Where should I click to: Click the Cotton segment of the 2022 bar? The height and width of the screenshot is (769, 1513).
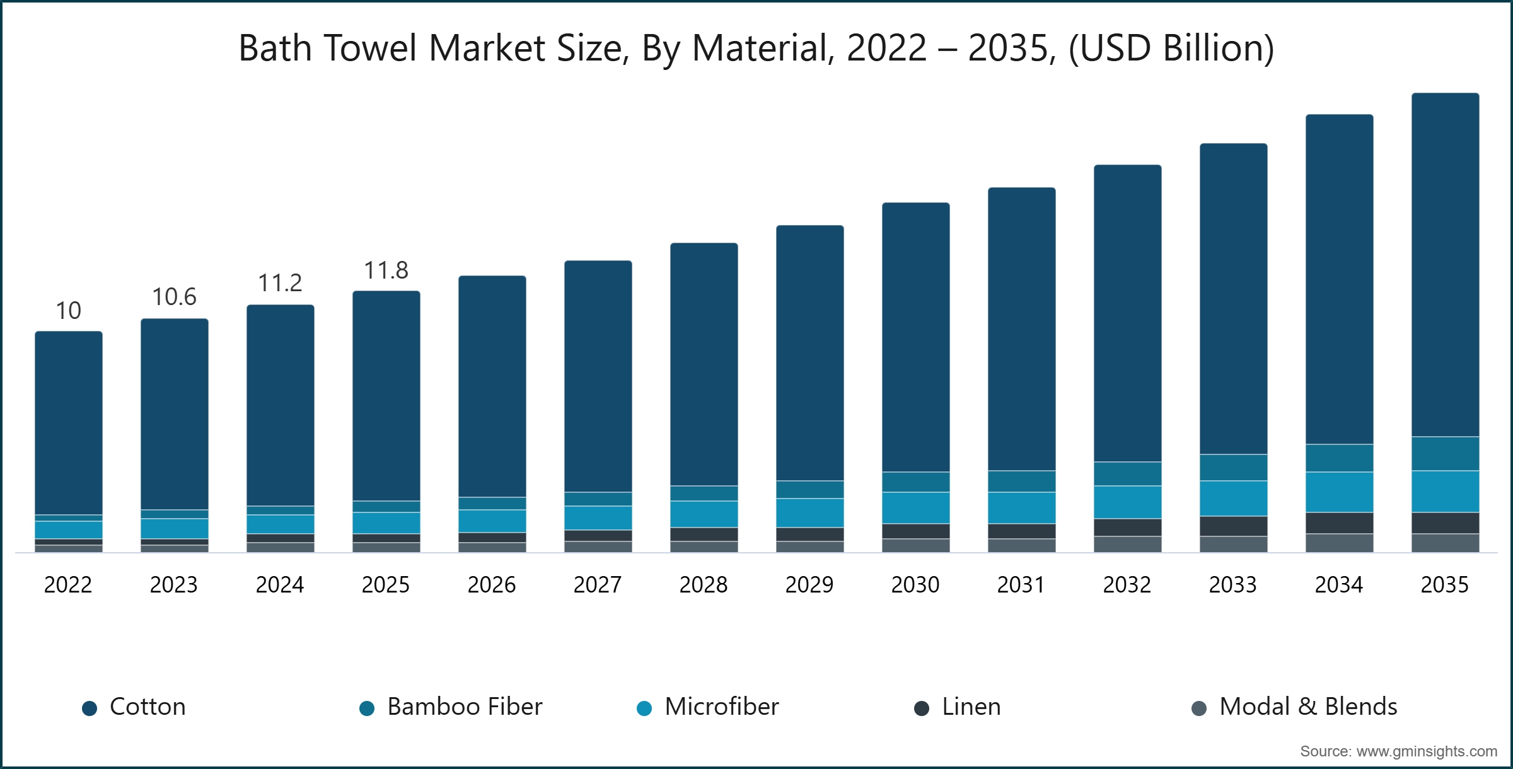[x=69, y=423]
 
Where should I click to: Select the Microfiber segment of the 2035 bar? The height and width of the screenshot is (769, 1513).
[x=1445, y=492]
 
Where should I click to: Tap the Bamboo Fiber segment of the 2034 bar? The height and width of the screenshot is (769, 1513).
[x=1339, y=458]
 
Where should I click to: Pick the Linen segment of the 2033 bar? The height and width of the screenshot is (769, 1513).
[x=1233, y=526]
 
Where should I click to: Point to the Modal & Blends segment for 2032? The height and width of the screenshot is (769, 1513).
[x=1127, y=545]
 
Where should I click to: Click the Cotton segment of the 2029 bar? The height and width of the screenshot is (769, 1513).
[x=809, y=353]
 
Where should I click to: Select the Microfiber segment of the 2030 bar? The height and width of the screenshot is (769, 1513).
[x=915, y=508]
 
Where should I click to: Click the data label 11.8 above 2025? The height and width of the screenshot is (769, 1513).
[x=386, y=270]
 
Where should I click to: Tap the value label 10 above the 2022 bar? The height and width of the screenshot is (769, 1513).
[x=68, y=310]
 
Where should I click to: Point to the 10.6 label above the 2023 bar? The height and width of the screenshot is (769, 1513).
[x=174, y=297]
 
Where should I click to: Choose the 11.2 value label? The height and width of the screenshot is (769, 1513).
[x=280, y=283]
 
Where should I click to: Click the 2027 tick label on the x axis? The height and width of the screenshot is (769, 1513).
[x=598, y=585]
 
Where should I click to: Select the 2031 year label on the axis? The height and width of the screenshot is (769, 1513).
[x=1021, y=585]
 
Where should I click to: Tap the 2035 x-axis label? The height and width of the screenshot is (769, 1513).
[x=1445, y=585]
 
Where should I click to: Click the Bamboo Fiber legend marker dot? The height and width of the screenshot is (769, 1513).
[x=367, y=708]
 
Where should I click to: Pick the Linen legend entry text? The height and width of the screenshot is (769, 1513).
[x=971, y=707]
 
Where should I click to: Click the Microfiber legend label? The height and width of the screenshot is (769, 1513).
[x=722, y=707]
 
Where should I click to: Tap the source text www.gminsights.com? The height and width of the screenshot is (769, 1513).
[x=1427, y=751]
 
